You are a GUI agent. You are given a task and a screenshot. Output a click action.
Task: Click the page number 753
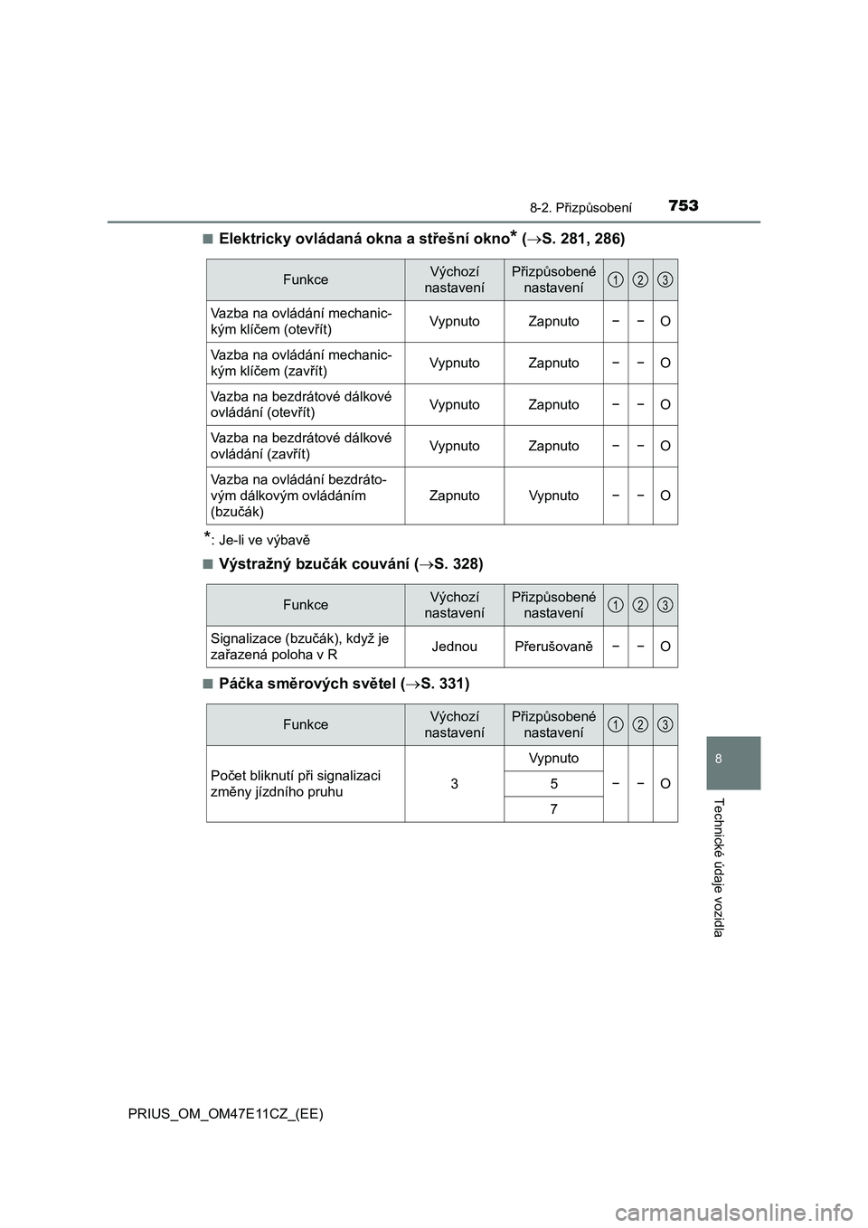tap(684, 205)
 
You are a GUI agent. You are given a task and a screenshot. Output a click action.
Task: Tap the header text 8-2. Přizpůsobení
tap(580, 207)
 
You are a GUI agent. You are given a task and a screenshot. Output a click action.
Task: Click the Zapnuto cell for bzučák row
tap(454, 496)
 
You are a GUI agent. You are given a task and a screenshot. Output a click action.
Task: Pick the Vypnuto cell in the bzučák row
tap(553, 496)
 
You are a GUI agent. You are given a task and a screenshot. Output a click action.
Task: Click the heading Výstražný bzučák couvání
tap(351, 564)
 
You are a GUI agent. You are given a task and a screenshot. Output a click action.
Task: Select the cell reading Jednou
tap(454, 647)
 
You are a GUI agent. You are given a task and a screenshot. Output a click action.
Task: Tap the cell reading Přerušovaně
tap(553, 647)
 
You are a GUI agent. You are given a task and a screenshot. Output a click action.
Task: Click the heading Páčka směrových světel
tap(344, 684)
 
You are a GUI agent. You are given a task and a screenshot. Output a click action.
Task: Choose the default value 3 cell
tap(454, 784)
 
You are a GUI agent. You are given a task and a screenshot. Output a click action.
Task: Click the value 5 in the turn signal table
tap(553, 784)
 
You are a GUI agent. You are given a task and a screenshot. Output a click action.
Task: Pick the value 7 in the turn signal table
tap(553, 809)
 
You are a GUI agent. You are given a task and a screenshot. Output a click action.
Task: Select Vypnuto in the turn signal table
tap(553, 758)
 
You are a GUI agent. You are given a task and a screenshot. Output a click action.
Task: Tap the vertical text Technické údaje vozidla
tap(719, 867)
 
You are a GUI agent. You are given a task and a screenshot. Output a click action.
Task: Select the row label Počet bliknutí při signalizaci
tap(296, 783)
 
